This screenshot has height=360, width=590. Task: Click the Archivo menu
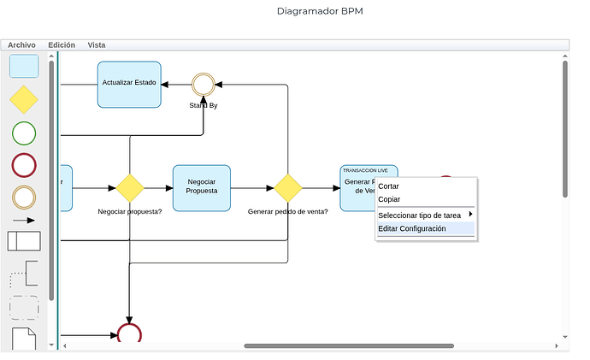click(21, 44)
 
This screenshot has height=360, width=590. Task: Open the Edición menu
click(62, 44)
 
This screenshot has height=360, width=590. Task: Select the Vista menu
click(97, 44)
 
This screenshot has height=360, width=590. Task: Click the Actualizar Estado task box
click(129, 84)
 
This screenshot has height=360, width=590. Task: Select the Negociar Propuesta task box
click(202, 187)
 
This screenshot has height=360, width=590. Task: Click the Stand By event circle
click(203, 84)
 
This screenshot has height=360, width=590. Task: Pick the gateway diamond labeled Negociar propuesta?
click(129, 187)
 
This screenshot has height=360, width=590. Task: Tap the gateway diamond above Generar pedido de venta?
click(287, 187)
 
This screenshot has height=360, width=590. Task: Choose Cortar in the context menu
click(389, 186)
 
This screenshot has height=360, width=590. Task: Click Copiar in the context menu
click(389, 199)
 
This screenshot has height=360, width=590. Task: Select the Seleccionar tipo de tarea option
click(420, 215)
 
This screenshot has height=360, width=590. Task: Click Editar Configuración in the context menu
click(412, 228)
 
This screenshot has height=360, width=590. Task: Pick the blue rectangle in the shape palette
click(24, 67)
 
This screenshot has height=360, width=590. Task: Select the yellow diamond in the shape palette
click(24, 100)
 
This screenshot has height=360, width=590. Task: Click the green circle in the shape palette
click(24, 133)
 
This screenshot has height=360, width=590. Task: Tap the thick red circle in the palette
click(24, 165)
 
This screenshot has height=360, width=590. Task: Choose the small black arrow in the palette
click(24, 220)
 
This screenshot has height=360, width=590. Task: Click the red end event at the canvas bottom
click(129, 334)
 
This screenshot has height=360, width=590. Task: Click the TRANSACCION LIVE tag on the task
click(364, 170)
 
